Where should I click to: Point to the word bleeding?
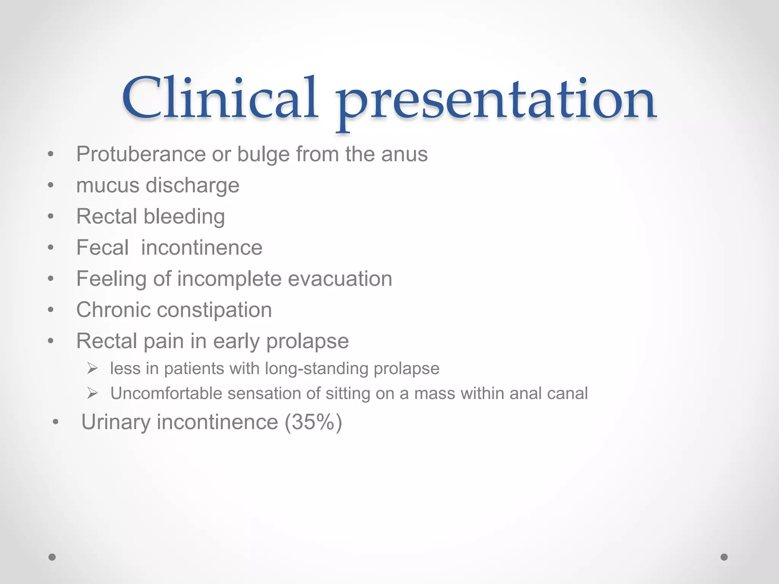coord(184,217)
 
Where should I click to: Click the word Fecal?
coord(102,248)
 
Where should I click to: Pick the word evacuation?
coord(340,279)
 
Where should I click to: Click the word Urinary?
coord(116,422)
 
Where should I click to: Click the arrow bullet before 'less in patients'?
coord(92,368)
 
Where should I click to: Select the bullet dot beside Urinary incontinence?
coord(56,422)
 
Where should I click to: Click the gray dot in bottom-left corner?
coord(52,557)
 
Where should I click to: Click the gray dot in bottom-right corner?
coord(724,557)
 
